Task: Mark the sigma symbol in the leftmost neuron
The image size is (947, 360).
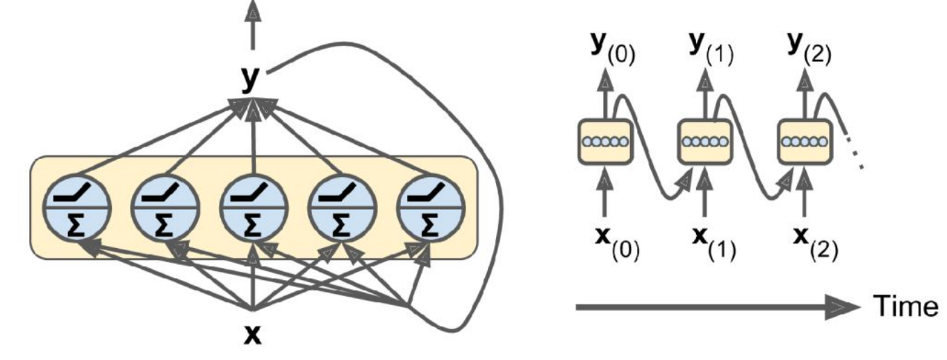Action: point(77,224)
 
